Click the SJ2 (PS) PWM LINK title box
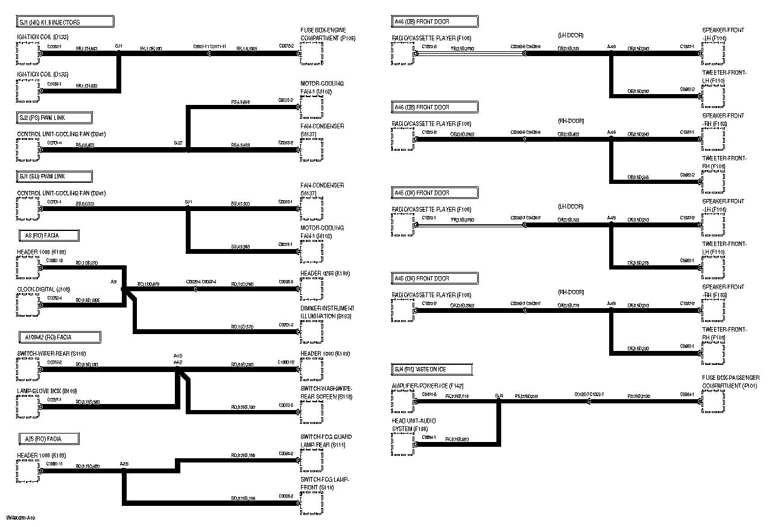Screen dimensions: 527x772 pos(55,118)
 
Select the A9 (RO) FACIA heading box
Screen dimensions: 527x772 pos(48,235)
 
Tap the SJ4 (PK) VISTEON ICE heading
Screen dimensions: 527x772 pos(432,369)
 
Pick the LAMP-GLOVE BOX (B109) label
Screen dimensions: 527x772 pos(47,391)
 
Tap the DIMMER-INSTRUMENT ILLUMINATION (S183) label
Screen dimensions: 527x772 pos(327,312)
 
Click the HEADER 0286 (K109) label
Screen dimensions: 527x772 pos(325,274)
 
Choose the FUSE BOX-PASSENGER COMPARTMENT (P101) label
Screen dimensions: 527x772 pos(730,382)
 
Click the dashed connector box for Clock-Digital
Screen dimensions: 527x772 pos(28,305)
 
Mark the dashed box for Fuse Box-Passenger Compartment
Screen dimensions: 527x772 pos(713,402)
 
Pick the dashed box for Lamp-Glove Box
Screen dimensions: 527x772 pos(28,407)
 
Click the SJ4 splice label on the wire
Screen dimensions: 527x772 pos(499,396)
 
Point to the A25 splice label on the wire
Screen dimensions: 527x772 pos(124,464)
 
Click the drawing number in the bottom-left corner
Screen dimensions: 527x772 pos(21,518)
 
